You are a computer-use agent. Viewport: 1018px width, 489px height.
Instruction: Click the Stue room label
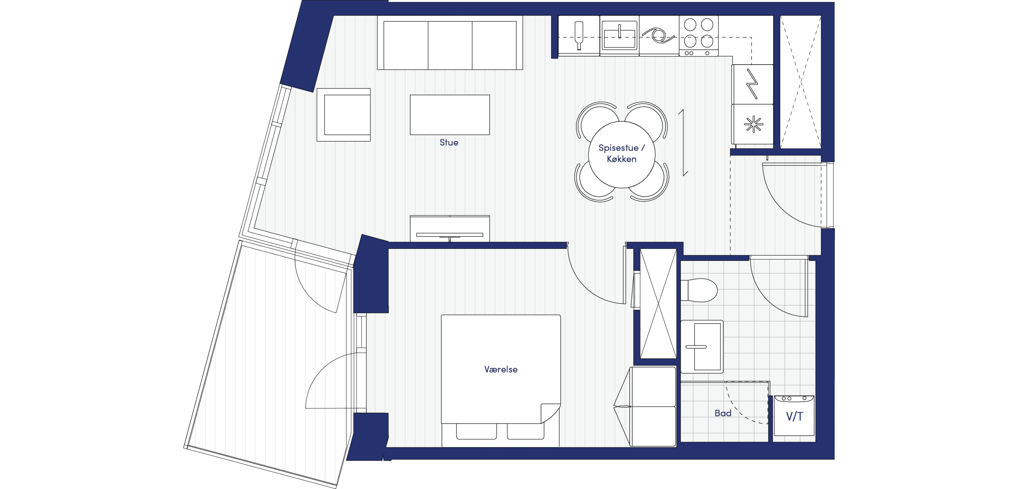pos(449,143)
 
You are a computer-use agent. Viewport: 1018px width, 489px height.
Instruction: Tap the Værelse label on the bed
pos(501,369)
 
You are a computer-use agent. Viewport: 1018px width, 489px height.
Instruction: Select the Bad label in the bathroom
pos(723,413)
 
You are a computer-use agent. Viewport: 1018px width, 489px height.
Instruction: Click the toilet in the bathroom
pos(699,290)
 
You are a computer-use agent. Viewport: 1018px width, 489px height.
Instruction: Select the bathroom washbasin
pos(702,347)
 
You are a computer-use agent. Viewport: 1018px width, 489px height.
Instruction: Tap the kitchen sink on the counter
pos(619,35)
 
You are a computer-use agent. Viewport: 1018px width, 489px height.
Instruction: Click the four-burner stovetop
pos(698,35)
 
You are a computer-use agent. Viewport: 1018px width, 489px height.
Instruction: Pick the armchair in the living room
pos(344,115)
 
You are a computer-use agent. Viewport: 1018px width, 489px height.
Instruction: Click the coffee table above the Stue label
pos(450,115)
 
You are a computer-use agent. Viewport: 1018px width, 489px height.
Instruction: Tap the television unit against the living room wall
pos(450,228)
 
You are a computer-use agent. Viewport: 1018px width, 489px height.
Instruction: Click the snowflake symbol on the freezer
pos(753,124)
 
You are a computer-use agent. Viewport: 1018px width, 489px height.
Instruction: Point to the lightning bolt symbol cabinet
pos(752,84)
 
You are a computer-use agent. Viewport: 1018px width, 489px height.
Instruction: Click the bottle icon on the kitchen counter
pos(579,35)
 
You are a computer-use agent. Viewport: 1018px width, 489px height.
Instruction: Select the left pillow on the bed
pos(476,431)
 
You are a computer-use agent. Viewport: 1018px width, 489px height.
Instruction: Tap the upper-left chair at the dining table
pos(597,118)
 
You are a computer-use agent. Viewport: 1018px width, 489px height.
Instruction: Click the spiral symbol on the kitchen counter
pos(659,35)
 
